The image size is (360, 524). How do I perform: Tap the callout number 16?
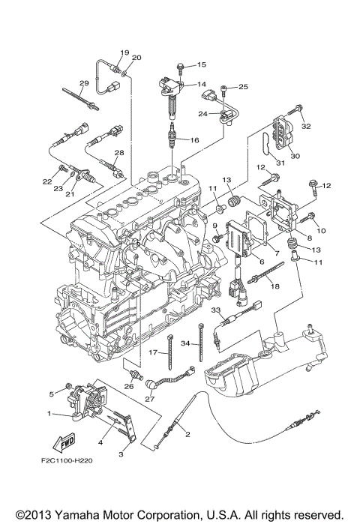point(193,140)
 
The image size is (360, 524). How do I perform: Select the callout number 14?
point(201,84)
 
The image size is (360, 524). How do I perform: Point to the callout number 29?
point(84,82)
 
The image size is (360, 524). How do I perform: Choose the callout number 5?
point(52,393)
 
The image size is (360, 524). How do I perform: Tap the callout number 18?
point(274,286)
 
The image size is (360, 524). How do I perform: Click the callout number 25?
point(243,87)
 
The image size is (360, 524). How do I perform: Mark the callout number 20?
point(136,58)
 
